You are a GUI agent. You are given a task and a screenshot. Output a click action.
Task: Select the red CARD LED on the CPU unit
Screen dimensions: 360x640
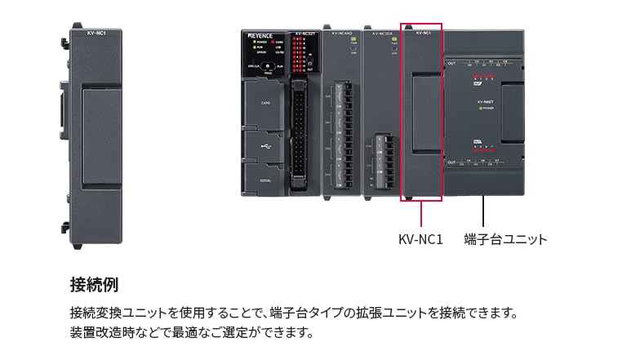pos(274,42)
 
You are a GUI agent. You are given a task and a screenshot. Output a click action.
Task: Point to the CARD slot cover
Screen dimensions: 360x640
pos(264,104)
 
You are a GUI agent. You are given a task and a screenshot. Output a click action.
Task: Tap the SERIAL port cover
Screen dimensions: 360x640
pos(264,178)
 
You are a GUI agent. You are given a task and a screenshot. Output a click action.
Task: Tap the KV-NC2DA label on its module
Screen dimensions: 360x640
pos(381,34)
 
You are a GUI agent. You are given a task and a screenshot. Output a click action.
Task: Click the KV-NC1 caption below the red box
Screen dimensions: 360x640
pos(420,240)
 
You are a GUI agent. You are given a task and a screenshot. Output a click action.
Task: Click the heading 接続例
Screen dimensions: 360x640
pos(95,285)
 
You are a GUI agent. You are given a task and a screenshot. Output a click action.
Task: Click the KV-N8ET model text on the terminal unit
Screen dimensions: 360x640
pos(487,101)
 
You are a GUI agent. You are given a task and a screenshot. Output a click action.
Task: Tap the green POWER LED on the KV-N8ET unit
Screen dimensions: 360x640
pos(482,108)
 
